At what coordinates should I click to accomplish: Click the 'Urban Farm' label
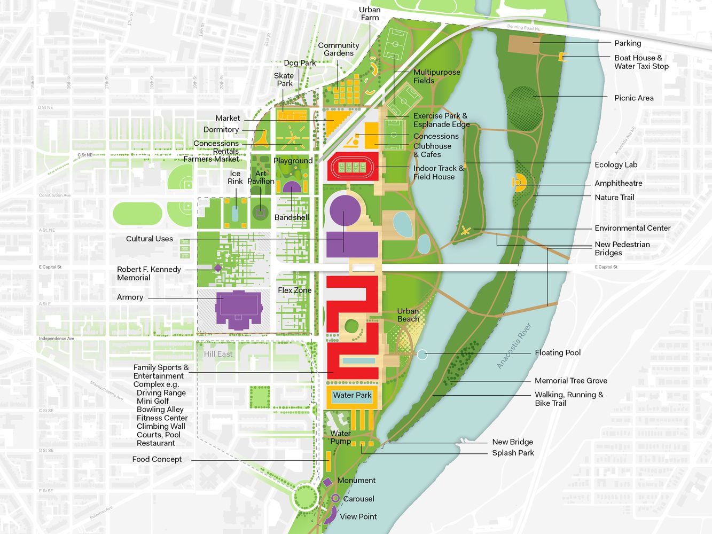tap(370, 14)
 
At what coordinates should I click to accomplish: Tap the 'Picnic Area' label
tap(633, 98)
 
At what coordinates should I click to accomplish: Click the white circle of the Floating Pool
tap(422, 354)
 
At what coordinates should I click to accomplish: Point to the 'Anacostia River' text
tap(514, 345)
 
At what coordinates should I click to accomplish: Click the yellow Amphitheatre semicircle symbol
tap(519, 183)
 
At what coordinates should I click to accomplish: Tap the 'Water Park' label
tap(352, 396)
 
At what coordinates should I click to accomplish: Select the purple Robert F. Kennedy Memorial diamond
tap(218, 268)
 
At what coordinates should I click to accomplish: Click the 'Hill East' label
tap(218, 354)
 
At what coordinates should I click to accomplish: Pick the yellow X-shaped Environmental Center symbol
tap(466, 231)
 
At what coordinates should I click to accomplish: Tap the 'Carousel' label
tap(358, 499)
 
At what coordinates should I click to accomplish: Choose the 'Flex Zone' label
tap(294, 290)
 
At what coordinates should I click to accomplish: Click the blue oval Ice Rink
tap(235, 213)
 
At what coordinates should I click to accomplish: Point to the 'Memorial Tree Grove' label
tap(570, 381)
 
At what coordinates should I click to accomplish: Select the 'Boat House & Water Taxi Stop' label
tap(641, 62)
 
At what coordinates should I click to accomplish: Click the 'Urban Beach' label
tap(408, 315)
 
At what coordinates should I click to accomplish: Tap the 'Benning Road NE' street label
tap(523, 28)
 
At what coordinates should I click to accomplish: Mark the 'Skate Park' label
tap(284, 80)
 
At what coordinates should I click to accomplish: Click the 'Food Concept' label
tap(157, 459)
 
